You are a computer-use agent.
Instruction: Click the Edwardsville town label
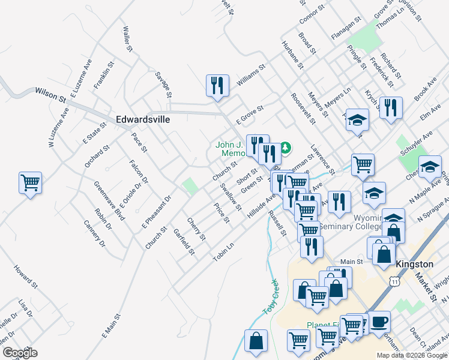pos(142,119)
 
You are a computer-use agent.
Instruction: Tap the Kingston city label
pos(414,264)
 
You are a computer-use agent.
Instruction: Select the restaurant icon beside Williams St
pos(217,86)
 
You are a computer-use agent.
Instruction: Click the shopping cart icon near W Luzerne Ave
pos(30,182)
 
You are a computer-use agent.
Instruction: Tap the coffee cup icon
pos(379,321)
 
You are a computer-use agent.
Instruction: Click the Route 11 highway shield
pos(394,281)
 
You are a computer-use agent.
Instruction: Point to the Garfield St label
pos(184,241)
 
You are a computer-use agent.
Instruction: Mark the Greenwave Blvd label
pos(109,200)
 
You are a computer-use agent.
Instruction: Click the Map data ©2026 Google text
pos(412,355)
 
